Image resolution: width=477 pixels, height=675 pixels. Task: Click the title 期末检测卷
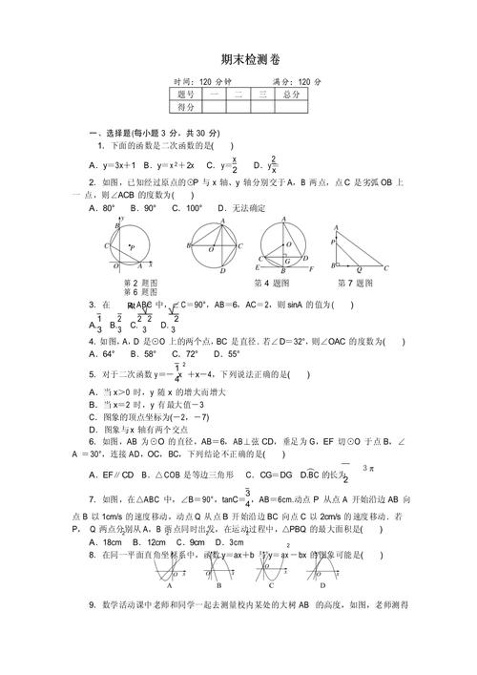click(238, 60)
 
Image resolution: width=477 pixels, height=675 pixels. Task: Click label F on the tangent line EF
click(314, 270)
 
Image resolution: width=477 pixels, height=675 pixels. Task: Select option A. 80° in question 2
click(101, 208)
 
